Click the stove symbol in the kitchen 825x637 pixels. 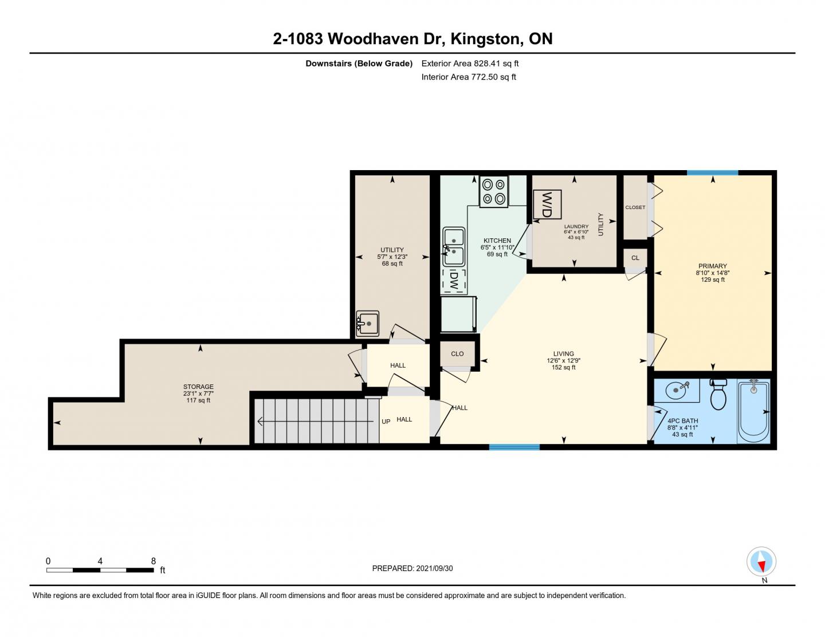[493, 191]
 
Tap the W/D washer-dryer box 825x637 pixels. [547, 205]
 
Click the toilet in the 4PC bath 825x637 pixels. [717, 394]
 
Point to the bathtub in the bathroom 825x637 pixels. [753, 411]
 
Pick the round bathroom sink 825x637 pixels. [677, 390]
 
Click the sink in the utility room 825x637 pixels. [367, 324]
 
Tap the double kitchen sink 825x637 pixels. [454, 247]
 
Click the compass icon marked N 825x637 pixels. [761, 561]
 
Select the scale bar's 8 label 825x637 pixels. [154, 561]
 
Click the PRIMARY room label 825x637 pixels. [712, 266]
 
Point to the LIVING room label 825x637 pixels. [563, 353]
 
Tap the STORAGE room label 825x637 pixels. [198, 387]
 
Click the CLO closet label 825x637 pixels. [457, 354]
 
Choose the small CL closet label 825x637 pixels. [635, 258]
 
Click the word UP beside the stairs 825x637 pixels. [386, 422]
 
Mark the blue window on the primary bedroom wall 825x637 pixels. [712, 173]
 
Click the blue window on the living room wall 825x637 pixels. [514, 447]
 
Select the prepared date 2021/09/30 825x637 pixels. [434, 568]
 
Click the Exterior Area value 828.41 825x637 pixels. [486, 64]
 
